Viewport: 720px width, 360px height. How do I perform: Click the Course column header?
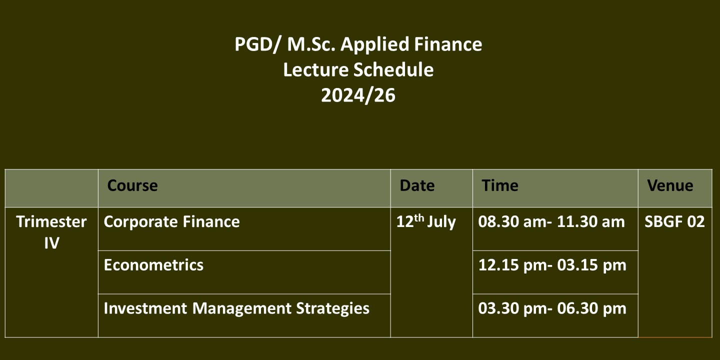[132, 185]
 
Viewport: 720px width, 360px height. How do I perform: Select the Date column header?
[417, 185]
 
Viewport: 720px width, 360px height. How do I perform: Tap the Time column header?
[500, 185]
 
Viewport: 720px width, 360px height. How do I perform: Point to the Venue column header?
[670, 185]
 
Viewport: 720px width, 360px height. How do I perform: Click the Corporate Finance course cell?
[171, 222]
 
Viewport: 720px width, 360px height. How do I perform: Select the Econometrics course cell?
[153, 265]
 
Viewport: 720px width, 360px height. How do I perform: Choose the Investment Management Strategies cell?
[236, 308]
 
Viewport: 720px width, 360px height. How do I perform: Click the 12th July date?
[426, 222]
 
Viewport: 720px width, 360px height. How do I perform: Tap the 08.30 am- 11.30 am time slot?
[551, 222]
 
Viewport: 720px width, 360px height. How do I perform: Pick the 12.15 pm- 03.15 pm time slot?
[552, 265]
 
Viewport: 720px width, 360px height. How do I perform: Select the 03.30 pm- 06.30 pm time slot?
[552, 308]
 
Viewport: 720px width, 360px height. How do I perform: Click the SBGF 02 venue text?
[674, 222]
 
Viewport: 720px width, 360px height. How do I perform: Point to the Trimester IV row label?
[51, 232]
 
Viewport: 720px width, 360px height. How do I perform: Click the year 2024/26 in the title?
[358, 95]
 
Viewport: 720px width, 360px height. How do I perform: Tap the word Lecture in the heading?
[315, 70]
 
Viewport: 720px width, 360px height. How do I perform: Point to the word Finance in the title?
[448, 44]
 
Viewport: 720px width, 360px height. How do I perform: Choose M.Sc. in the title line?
[311, 44]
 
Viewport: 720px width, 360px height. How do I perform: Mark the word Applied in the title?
[375, 45]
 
